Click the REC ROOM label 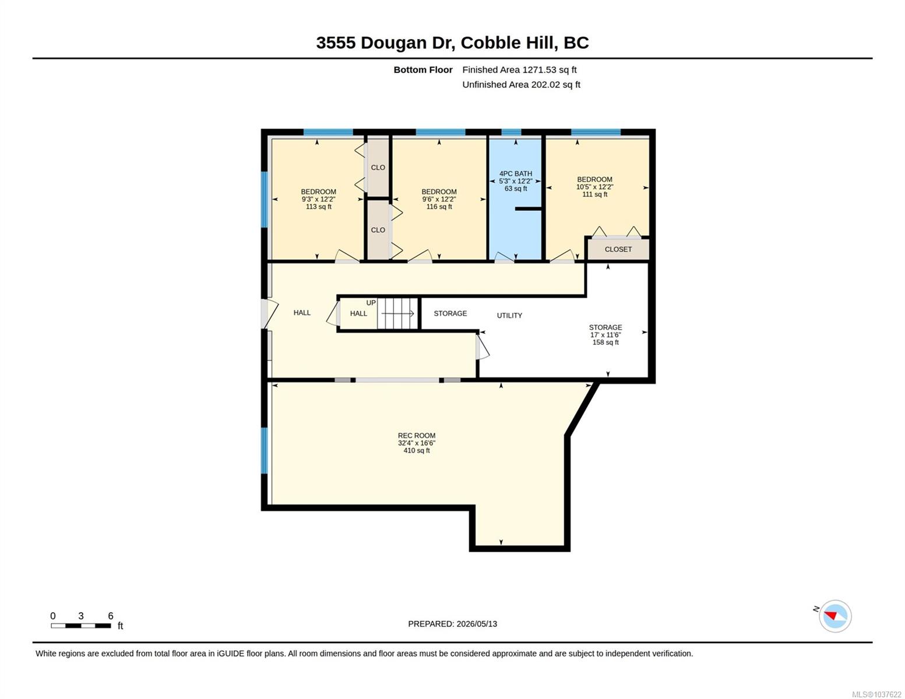416,436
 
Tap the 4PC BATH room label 516,174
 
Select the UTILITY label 509,316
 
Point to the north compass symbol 834,616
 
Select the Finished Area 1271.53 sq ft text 519,70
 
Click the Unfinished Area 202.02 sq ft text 521,84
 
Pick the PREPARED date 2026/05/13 452,624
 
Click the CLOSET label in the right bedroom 618,249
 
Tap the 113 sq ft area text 319,206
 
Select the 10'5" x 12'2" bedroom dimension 594,187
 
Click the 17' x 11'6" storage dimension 605,335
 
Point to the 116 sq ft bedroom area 439,206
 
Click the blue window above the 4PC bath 511,132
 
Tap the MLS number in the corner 876,694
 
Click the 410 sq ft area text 417,450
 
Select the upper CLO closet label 378,167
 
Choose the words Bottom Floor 422,70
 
